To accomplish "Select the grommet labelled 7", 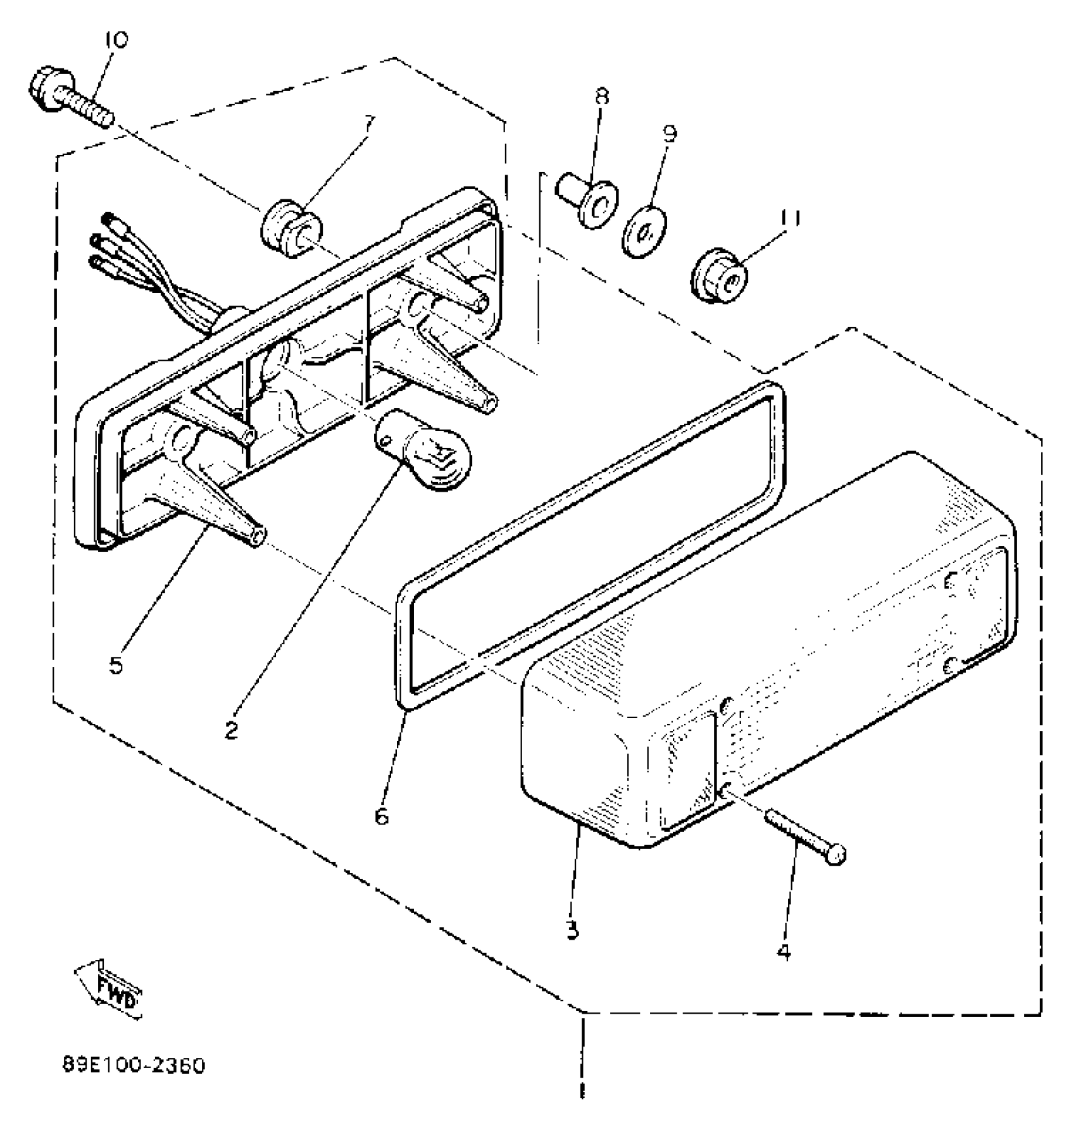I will click(x=291, y=228).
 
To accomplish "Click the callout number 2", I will click(x=232, y=730).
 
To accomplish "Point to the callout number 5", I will click(x=116, y=666).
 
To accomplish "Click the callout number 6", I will click(x=381, y=816).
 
